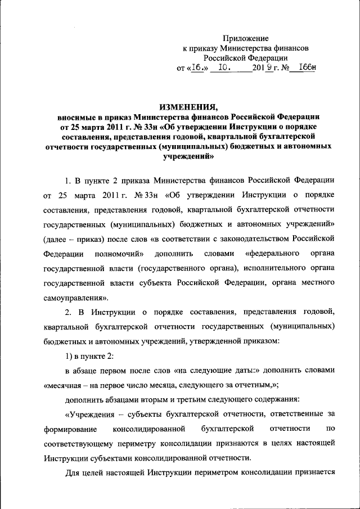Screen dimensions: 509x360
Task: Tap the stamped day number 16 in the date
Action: (196, 68)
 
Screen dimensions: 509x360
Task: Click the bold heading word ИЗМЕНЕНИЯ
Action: (188, 107)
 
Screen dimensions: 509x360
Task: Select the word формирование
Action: (69, 429)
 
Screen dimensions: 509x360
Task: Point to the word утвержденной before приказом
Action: (222, 341)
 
